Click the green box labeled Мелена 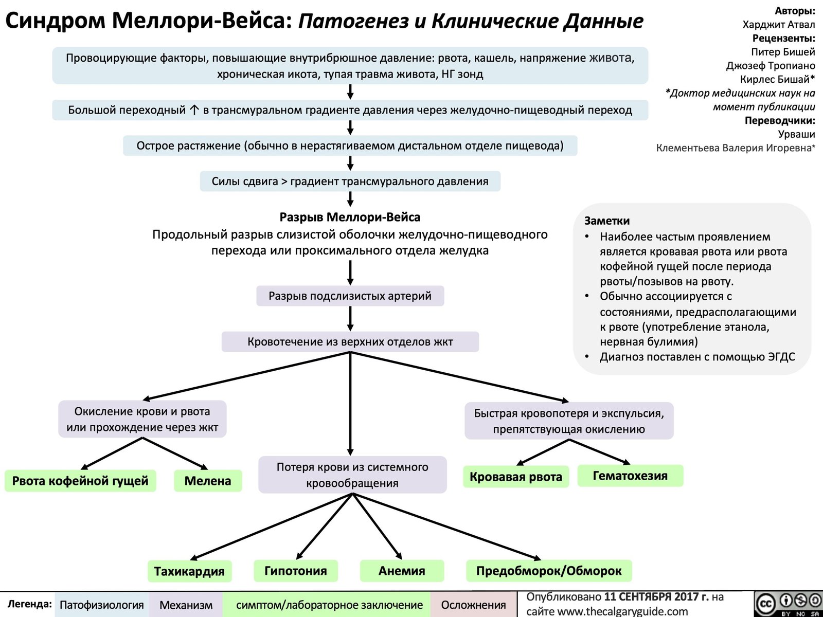(208, 481)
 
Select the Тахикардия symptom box (189, 571)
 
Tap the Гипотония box (296, 571)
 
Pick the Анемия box (402, 571)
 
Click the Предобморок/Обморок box (549, 571)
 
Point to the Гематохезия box (630, 476)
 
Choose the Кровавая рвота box (516, 477)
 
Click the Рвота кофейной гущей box (80, 481)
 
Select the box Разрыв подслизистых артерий (350, 296)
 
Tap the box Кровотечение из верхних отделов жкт (350, 341)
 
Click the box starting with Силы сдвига (350, 181)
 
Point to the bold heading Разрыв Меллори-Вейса (350, 217)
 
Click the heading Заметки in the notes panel (607, 221)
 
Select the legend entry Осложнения (473, 605)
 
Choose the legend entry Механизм (186, 605)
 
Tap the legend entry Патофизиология (102, 605)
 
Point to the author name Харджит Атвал (779, 24)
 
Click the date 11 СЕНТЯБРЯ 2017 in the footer (656, 597)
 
